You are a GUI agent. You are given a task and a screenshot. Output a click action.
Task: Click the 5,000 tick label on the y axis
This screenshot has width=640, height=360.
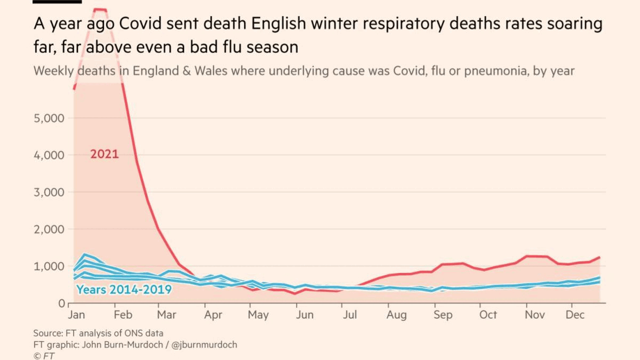[49, 118]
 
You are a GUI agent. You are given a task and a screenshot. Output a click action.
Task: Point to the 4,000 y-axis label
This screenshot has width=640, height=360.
[49, 155]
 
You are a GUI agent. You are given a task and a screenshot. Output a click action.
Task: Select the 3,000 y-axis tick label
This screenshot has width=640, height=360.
[49, 192]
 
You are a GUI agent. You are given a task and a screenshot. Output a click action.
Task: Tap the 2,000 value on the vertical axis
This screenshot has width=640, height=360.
[49, 229]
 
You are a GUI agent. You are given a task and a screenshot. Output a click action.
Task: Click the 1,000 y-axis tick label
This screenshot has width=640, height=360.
[49, 266]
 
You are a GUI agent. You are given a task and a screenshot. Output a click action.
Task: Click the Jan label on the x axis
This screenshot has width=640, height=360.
[77, 315]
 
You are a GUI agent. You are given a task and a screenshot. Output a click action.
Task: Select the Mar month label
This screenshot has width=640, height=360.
[166, 315]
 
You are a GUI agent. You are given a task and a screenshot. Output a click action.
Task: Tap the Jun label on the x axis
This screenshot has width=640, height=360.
[305, 315]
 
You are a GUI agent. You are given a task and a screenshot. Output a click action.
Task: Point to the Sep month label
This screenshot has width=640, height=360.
[442, 315]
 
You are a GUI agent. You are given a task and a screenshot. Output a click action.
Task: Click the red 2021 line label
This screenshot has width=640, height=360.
[105, 155]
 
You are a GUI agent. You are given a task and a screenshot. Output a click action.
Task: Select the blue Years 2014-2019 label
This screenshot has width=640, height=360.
[124, 290]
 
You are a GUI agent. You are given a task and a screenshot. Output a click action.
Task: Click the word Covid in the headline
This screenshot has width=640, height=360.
[141, 25]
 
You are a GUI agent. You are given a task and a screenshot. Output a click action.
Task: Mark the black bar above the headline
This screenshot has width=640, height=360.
[57, 2]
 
